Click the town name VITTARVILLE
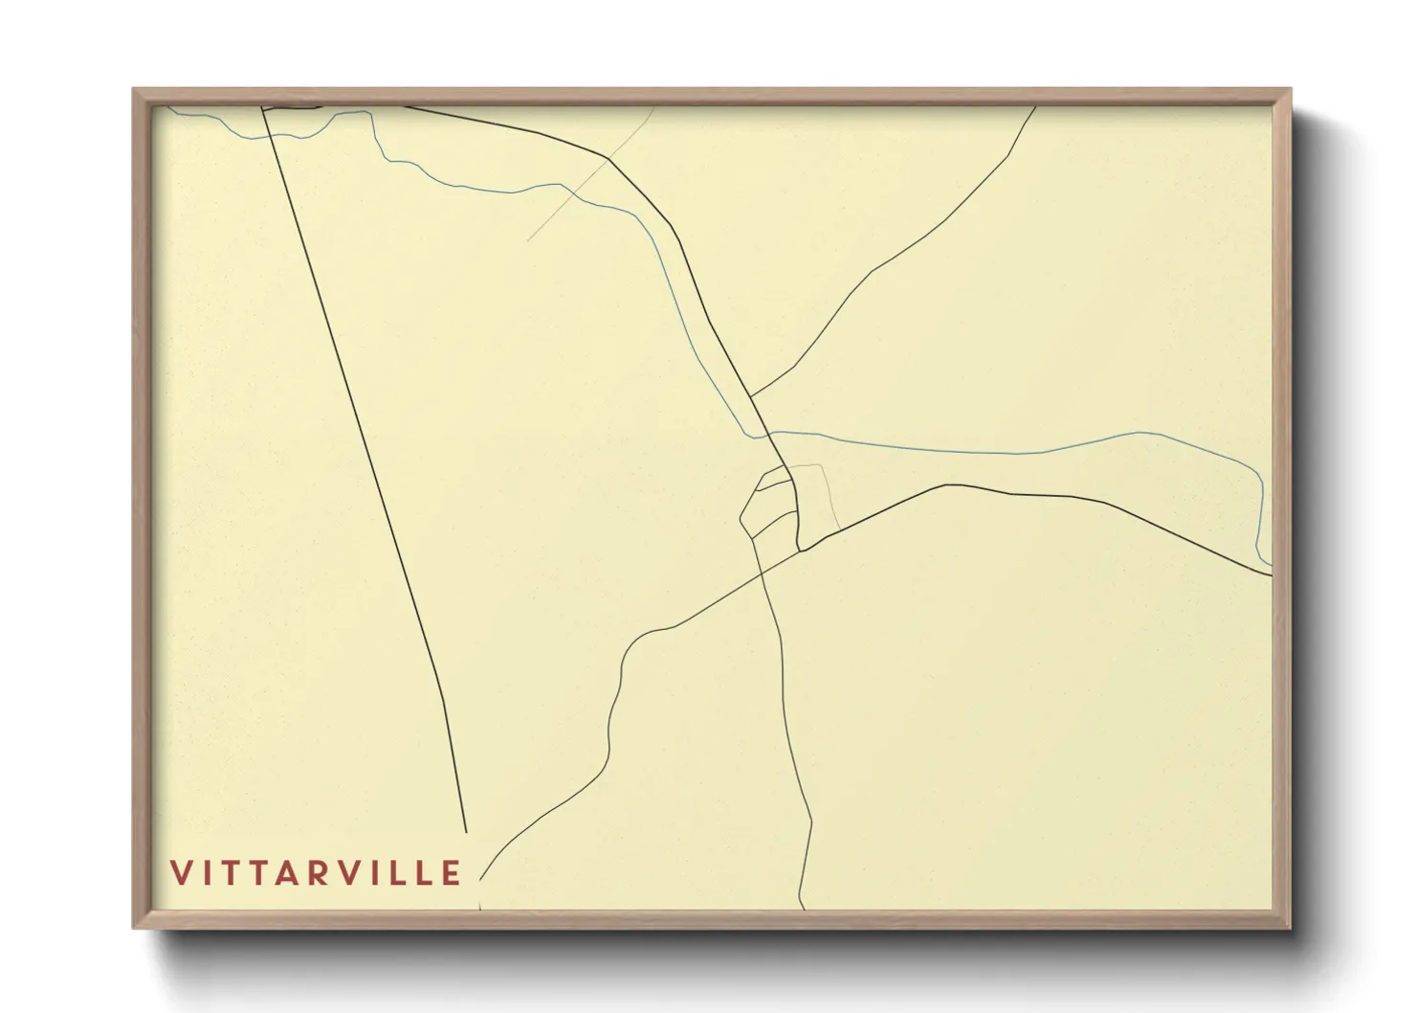point(316,872)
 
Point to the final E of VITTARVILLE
point(452,872)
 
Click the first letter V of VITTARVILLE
point(181,872)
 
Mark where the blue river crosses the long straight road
point(270,136)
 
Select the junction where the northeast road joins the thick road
point(751,395)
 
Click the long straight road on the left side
point(364,460)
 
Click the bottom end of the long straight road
point(466,832)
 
